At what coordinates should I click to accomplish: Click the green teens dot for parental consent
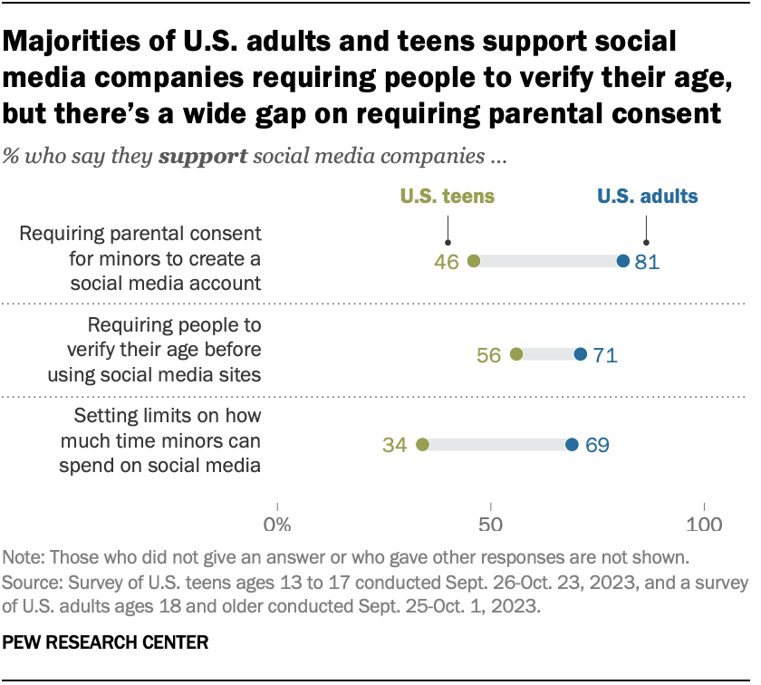coord(473,262)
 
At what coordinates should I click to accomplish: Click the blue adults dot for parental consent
coord(622,262)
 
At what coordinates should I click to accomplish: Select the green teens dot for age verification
coord(516,354)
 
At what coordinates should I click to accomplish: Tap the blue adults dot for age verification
coord(580,354)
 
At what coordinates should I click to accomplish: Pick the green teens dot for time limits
coord(422,445)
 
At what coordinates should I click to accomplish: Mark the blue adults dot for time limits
coord(572,445)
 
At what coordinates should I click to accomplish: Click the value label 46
coord(447,263)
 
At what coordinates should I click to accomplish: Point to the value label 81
coord(648,263)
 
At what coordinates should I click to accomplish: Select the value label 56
coord(489,355)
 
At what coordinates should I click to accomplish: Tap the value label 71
coord(605,355)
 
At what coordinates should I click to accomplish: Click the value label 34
coord(395,446)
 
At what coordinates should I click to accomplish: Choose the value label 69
coord(597,446)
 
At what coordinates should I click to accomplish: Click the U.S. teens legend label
coord(448,197)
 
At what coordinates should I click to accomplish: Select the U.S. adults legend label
coord(647,197)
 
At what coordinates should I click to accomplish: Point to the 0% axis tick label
coord(276,525)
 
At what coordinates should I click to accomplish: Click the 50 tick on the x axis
coord(490,525)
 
